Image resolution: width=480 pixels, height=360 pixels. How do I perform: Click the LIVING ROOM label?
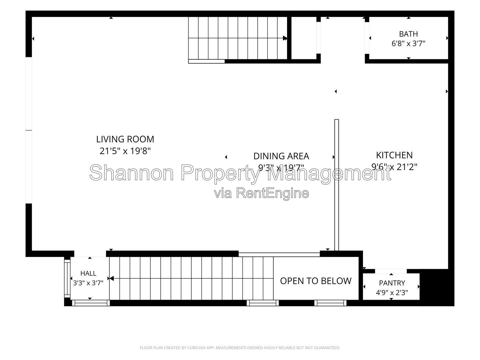click(125, 139)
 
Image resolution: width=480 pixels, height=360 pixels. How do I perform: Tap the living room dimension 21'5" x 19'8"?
click(125, 151)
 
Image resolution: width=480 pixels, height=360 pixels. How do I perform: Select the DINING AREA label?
click(281, 156)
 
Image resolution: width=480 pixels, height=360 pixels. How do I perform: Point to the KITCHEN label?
click(394, 155)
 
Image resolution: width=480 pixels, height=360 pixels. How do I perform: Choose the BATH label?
click(408, 34)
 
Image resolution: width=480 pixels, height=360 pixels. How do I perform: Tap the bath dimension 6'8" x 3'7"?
click(408, 44)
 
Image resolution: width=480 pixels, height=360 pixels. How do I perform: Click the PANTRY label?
click(392, 283)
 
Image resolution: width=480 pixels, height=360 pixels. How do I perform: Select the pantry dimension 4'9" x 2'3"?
click(392, 293)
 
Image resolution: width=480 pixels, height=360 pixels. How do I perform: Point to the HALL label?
click(88, 273)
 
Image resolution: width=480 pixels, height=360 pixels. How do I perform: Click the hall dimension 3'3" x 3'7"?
click(88, 283)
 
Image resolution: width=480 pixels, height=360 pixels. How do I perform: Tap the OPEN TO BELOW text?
click(316, 281)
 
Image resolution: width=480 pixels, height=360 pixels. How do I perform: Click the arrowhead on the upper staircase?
click(285, 38)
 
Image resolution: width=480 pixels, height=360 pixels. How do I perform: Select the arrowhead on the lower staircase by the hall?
click(112, 278)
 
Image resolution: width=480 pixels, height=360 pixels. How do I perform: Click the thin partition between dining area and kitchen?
click(337, 185)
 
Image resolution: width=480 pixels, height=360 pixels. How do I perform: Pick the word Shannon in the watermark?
click(131, 173)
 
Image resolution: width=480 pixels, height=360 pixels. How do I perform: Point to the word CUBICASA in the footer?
click(195, 348)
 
